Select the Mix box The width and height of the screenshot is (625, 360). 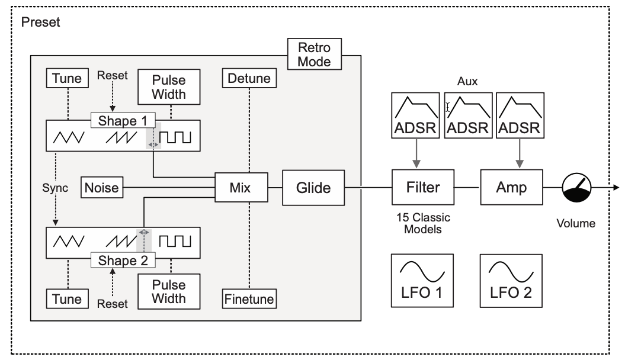coord(240,188)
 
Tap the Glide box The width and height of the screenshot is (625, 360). coord(313,188)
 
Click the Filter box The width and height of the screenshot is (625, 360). coord(424,188)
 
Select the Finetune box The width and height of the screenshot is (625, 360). coord(249,299)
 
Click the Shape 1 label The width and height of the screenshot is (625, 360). coord(123,120)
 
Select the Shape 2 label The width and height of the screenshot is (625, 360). coord(123,260)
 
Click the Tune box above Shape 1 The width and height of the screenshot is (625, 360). coord(67,78)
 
